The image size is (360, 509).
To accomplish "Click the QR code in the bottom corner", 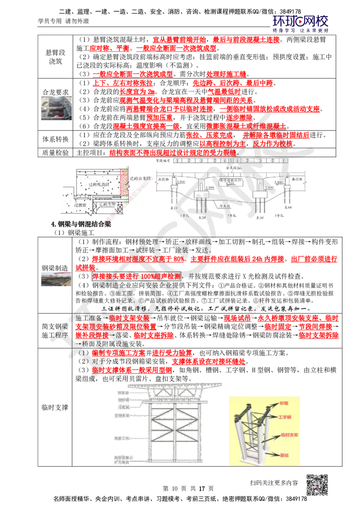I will point(319,485).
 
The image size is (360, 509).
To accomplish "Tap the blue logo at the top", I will point(301,23).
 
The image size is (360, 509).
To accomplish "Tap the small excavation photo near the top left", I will point(56,108).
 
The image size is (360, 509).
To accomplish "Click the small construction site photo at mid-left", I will point(55,279).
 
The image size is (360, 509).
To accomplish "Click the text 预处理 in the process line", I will point(149,241).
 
